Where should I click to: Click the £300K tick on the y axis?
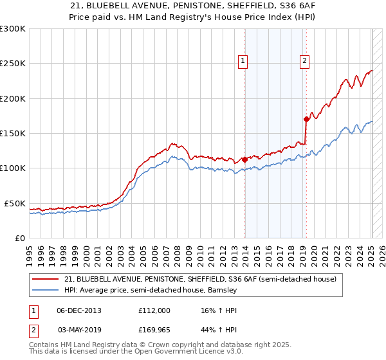pos(13,29)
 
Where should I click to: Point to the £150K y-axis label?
pos(13,134)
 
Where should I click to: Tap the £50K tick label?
pos(15,203)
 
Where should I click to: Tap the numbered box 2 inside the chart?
pos(304,62)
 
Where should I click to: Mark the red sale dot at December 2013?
pos(244,160)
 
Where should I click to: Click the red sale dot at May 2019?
pos(306,119)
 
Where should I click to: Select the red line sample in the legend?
pos(46,280)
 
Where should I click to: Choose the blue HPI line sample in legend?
pos(46,291)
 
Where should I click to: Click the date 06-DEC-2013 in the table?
pos(79,310)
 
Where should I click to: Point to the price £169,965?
pos(154,329)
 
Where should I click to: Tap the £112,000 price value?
pos(154,310)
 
